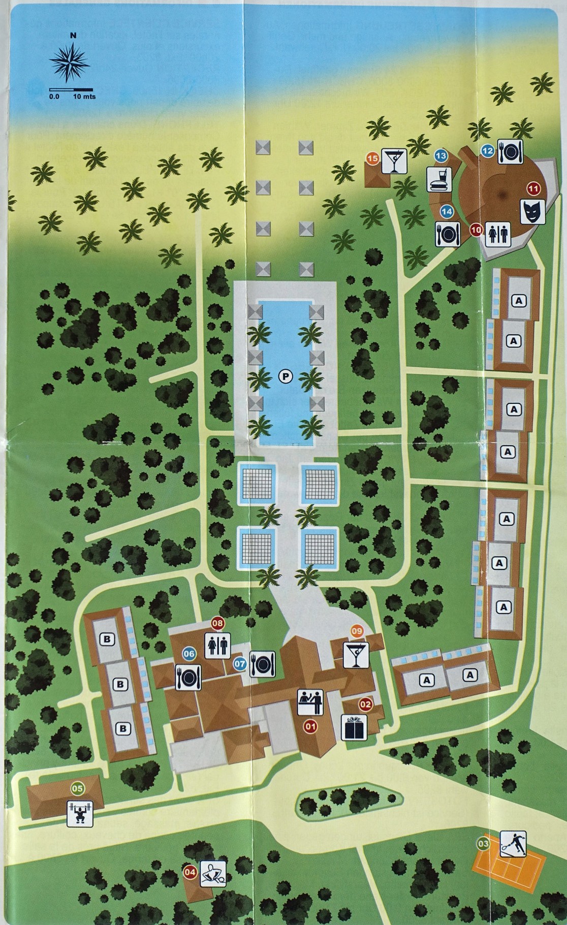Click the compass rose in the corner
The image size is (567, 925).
pos(71,63)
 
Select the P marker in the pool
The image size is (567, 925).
pos(286,376)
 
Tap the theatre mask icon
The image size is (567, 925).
pos(532,211)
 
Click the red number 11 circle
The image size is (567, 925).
pos(533,188)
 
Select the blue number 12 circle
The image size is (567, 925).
pos(487,150)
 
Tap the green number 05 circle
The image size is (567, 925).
pos(77,788)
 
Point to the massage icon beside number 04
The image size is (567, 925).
pos(213,873)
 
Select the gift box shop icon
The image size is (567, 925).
pos(354,727)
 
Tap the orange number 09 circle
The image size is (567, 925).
pos(357,631)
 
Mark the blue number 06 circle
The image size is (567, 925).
pos(189,654)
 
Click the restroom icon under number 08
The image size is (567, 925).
pos(217,646)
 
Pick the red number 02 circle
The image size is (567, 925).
pos(365,704)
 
